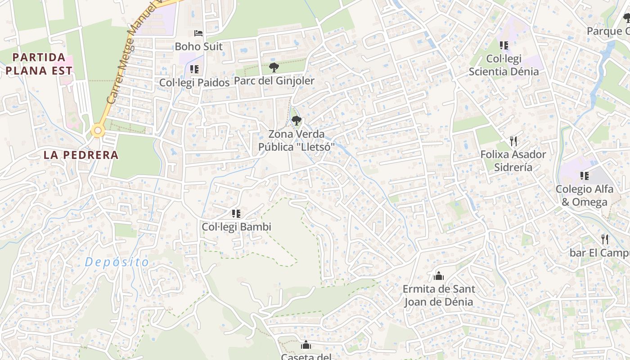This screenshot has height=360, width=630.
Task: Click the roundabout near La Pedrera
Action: click(x=98, y=131)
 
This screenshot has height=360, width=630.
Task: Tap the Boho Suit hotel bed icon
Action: click(x=198, y=33)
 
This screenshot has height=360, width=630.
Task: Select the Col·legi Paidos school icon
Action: click(x=194, y=69)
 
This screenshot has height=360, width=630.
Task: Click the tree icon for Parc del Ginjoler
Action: click(x=274, y=67)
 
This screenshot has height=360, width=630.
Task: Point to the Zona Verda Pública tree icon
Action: click(x=296, y=120)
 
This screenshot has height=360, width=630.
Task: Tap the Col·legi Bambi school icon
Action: click(x=236, y=214)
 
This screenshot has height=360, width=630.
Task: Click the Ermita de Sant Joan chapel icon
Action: click(x=439, y=276)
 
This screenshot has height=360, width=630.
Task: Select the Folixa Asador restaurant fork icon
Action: click(x=513, y=141)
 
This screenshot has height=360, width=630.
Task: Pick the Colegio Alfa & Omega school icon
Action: click(x=585, y=176)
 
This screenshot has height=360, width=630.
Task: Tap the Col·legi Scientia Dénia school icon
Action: click(x=504, y=45)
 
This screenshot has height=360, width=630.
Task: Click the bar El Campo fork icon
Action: click(x=605, y=239)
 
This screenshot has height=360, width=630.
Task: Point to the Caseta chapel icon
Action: click(x=306, y=345)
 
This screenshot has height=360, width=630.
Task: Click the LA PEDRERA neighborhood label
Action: click(x=81, y=155)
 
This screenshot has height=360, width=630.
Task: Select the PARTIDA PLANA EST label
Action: click(x=39, y=64)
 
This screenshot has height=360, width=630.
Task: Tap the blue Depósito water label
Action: click(x=117, y=262)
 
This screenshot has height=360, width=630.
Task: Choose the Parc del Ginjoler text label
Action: click(x=274, y=81)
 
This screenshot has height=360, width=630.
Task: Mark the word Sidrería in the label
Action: click(x=513, y=167)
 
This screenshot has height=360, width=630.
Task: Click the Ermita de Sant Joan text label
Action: click(x=439, y=295)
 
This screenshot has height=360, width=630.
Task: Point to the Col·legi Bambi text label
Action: click(x=236, y=227)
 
